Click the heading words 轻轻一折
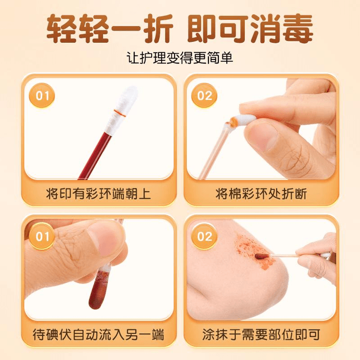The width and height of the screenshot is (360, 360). pos(109,29)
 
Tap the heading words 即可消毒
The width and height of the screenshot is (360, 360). pos(250,29)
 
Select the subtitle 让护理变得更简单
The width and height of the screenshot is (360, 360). pos(180,58)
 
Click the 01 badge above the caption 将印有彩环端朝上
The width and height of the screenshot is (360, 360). pos(42,96)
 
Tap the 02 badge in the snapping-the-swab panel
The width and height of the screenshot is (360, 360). pos(204,96)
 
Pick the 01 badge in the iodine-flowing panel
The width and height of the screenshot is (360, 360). pos(42,236)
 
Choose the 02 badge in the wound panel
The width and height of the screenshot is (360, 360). pos(204,236)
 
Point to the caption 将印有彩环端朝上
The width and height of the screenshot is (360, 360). pos(98,194)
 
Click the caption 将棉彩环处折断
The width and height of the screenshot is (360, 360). pos(261,194)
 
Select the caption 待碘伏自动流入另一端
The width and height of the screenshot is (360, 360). pos(98,334)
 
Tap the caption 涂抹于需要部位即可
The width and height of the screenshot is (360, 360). pos(261,334)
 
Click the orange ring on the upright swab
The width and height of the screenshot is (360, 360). pos(119,113)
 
